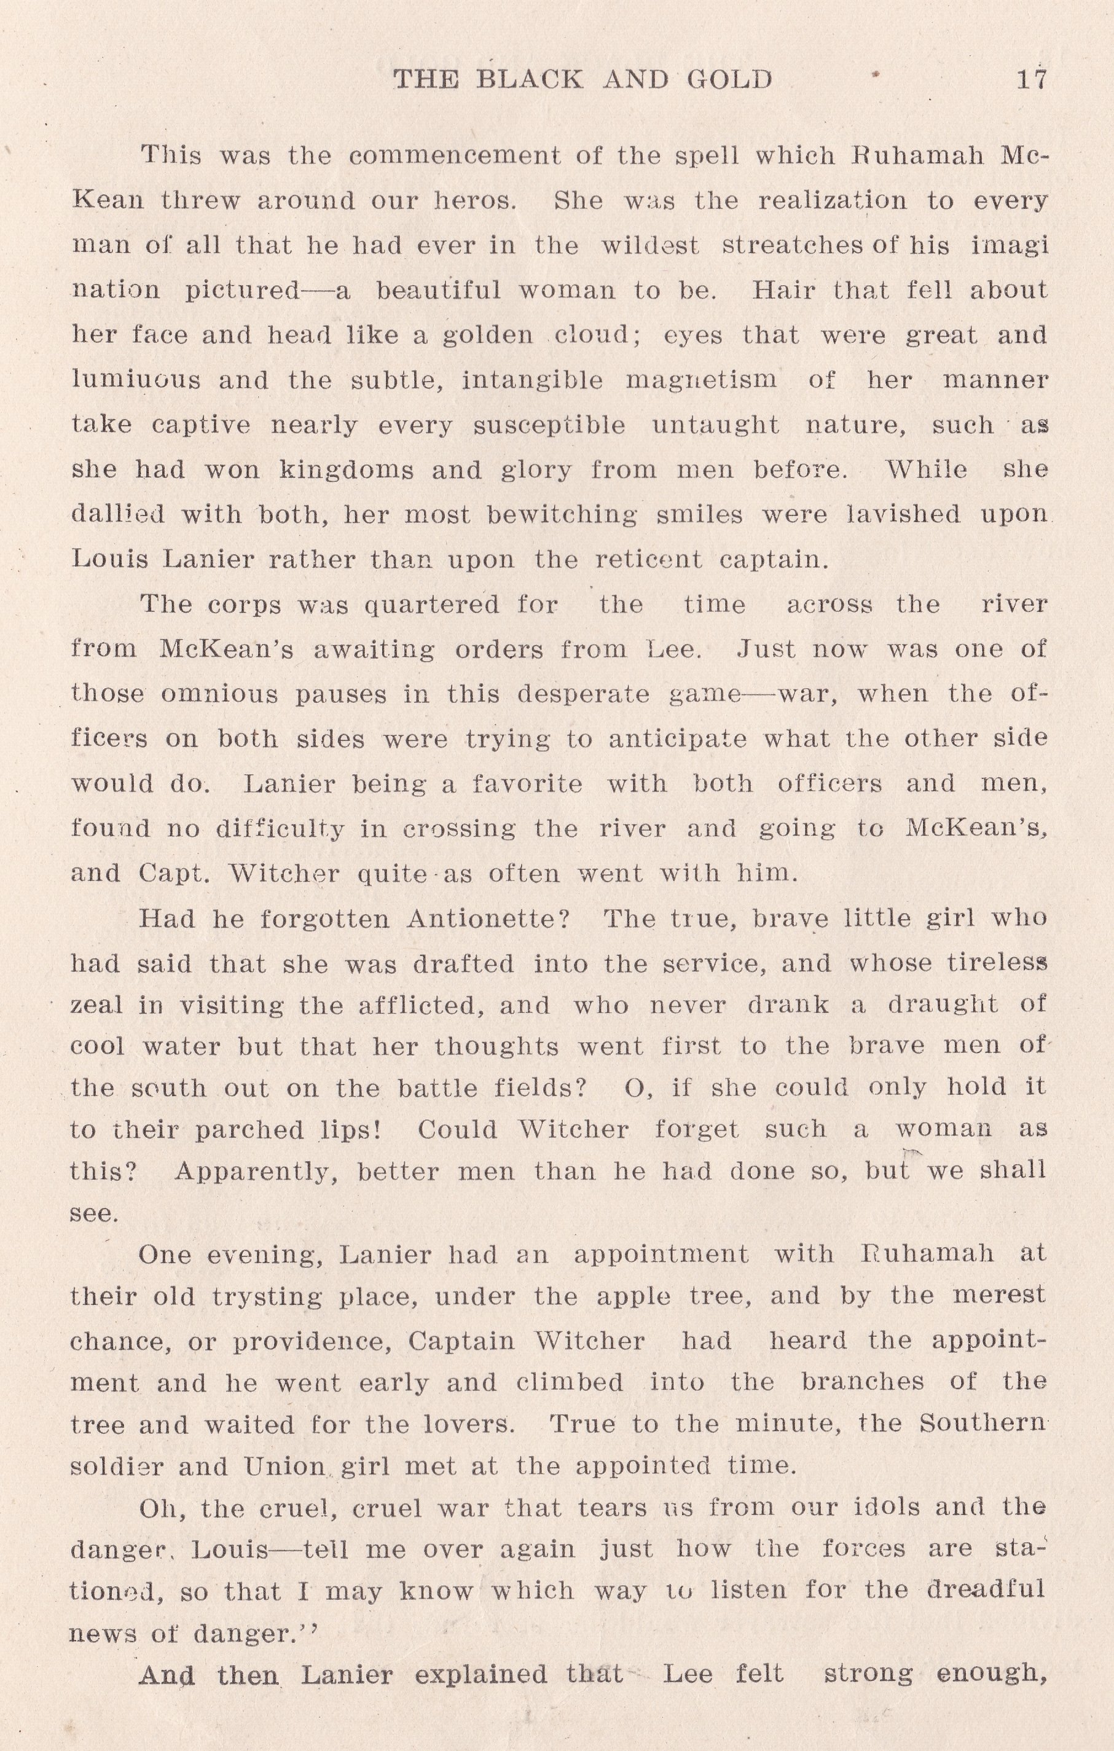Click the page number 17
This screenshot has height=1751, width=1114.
1030,79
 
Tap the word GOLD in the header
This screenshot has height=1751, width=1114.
729,79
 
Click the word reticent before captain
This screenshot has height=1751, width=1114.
649,560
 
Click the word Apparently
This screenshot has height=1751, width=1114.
256,1172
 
